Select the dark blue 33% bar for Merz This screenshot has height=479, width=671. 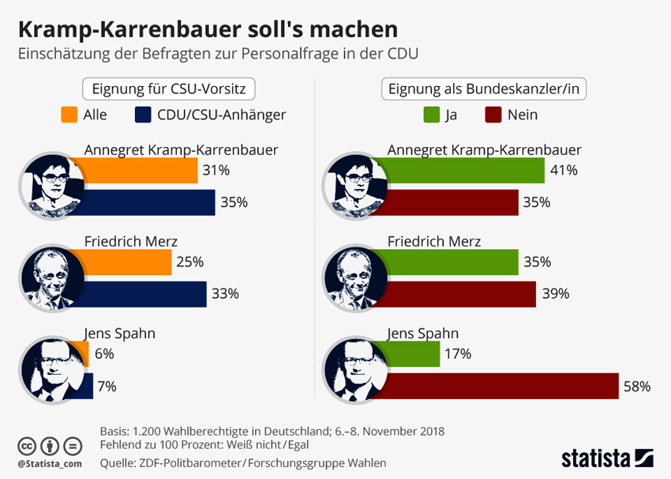tap(146, 294)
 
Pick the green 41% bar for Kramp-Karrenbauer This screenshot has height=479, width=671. tap(466, 171)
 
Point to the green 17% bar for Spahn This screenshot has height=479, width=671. tap(414, 354)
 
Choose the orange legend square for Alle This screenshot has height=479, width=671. tap(69, 115)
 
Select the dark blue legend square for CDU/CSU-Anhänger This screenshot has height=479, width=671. tap(143, 115)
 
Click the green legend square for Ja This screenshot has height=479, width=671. tap(431, 115)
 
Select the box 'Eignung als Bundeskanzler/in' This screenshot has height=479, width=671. tap(484, 89)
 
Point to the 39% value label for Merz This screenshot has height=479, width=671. tap(557, 294)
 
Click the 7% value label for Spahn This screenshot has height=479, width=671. tap(107, 387)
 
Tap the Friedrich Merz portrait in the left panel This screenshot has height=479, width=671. tap(52, 277)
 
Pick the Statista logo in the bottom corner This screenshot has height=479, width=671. tap(607, 458)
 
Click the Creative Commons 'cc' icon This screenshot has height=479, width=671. tap(28, 445)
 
